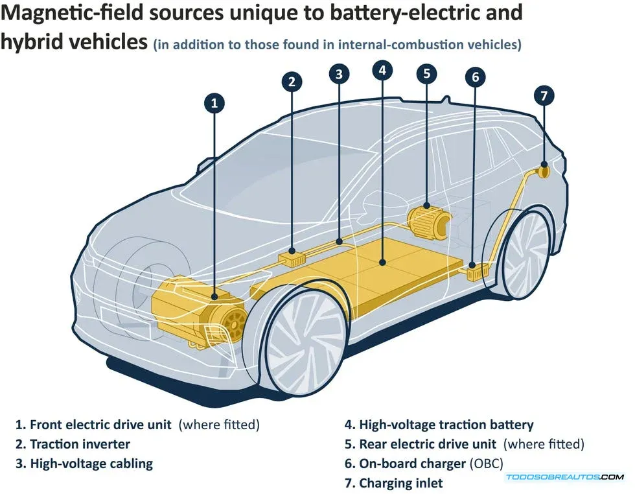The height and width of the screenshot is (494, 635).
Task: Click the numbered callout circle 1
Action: tap(214, 102)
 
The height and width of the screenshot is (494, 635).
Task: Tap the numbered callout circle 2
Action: tap(292, 82)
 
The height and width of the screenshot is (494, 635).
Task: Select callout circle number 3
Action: tap(339, 74)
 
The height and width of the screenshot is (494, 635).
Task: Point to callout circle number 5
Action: tap(426, 73)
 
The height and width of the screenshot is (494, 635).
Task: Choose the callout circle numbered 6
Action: tap(475, 77)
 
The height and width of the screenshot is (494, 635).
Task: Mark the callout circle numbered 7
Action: tap(544, 96)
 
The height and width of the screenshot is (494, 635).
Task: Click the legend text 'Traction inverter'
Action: tap(80, 444)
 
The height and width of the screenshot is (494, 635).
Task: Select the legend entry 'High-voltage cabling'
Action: tap(91, 464)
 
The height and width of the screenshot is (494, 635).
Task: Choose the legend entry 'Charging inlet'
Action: tap(401, 483)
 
